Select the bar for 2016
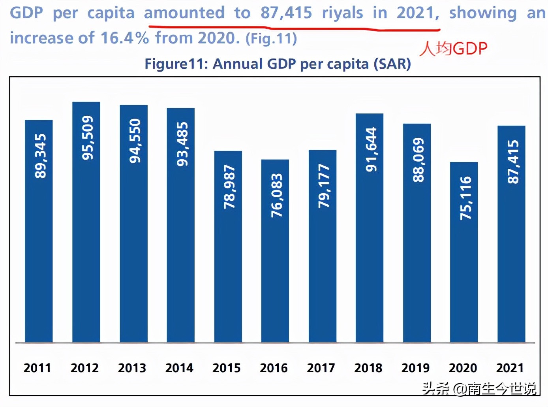tap(275, 251)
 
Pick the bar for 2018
tap(370, 228)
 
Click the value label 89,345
tap(41, 156)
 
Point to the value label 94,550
tap(135, 141)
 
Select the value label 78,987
tap(229, 187)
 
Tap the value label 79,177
tap(324, 186)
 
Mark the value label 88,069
tap(418, 160)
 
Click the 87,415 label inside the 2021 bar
tap(512, 162)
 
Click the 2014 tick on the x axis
tap(179, 368)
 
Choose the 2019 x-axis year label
tap(415, 368)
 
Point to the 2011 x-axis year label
tap(37, 368)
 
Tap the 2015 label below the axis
tap(227, 368)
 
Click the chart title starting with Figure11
tap(278, 64)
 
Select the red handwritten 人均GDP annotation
tap(453, 49)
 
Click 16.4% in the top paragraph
tap(125, 38)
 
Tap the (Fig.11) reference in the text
tap(271, 39)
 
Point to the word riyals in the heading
tap(342, 13)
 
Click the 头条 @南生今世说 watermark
tap(479, 388)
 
